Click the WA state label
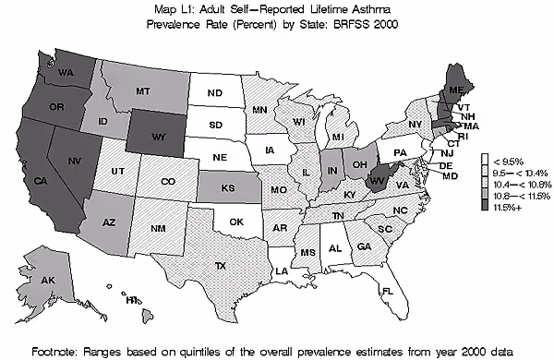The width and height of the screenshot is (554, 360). coord(66,71)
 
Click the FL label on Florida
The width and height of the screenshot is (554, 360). coord(389,292)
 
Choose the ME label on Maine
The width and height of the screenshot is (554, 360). coord(453,90)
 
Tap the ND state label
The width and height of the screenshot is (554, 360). coord(214,93)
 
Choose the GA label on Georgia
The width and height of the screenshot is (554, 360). coord(364,246)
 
